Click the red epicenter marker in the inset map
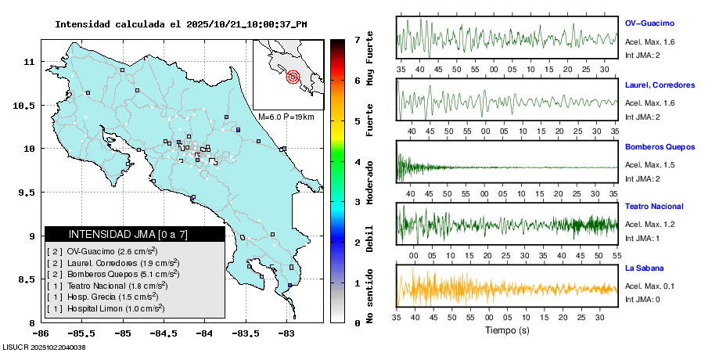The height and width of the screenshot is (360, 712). point(293,77)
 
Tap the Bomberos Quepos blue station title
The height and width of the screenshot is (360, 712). point(659,146)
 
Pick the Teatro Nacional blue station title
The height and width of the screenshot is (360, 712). point(654,207)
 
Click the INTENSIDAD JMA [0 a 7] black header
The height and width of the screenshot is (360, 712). point(134,234)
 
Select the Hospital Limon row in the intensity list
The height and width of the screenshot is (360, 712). point(106,309)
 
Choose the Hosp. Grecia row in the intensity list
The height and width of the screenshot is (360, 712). point(106,297)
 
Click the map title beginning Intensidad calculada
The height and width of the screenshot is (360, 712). point(181,24)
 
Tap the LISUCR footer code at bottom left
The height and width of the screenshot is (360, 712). point(44,347)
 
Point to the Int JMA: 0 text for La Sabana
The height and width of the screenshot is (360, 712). point(642,299)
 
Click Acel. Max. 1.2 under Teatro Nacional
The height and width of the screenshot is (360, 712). point(649,225)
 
